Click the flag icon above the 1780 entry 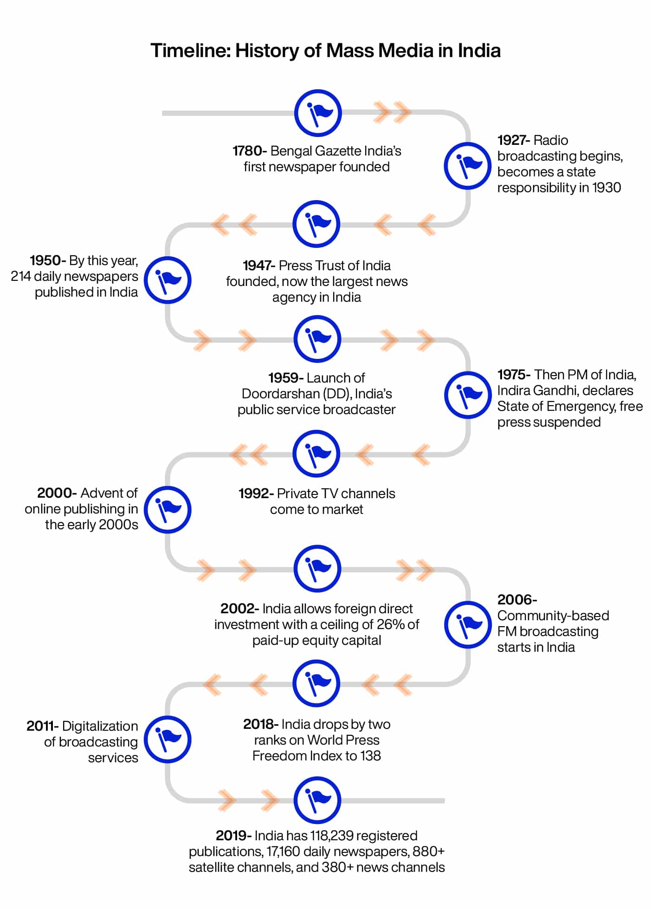tap(318, 113)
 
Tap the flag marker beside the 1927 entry tap(467, 166)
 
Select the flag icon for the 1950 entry tap(168, 280)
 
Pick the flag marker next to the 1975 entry tap(468, 395)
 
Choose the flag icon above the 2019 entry tap(317, 800)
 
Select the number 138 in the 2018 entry tap(370, 756)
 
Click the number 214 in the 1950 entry tap(21, 276)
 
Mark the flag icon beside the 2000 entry tap(168, 509)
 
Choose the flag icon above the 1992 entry tap(316, 454)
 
